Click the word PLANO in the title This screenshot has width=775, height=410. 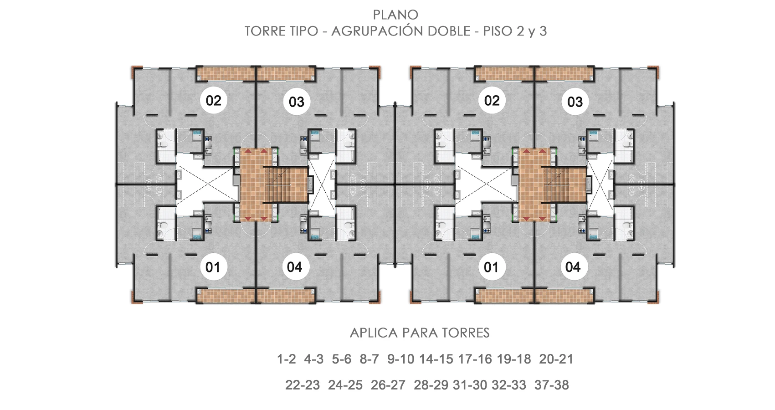(395, 15)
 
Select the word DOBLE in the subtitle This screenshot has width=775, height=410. (449, 31)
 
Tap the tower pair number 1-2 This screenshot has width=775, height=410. (287, 359)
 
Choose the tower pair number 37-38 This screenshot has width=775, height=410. (551, 385)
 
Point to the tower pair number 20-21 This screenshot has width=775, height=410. (556, 359)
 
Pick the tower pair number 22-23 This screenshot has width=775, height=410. (303, 385)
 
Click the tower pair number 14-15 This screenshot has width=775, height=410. (436, 359)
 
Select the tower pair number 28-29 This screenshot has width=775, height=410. (431, 385)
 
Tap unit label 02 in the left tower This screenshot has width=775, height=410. (214, 101)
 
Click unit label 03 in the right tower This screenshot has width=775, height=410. (575, 102)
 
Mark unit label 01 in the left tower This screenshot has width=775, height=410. (213, 267)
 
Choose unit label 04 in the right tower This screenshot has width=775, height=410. (573, 267)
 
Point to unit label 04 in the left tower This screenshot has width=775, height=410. (294, 267)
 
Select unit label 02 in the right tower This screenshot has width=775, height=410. (492, 101)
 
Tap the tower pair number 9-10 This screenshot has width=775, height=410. (400, 359)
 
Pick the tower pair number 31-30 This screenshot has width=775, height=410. (470, 385)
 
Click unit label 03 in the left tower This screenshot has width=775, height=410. (297, 102)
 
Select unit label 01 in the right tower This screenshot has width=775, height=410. (491, 267)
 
